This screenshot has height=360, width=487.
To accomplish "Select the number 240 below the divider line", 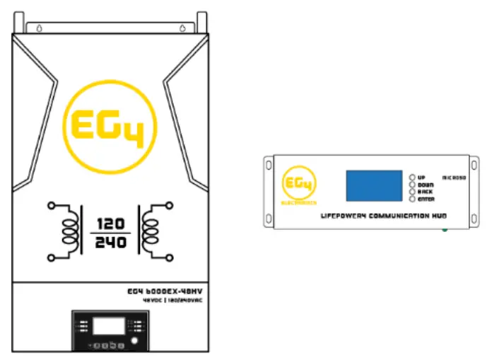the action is coord(110,242).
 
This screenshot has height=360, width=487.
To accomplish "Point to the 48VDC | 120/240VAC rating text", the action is coord(167,300).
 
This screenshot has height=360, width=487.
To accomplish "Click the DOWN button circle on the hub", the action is coord(412,185).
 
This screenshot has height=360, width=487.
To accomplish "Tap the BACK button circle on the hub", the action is coord(412,192).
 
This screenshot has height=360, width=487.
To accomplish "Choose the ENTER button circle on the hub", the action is coord(412,199).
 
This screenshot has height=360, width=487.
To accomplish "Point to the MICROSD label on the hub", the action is coord(453,178).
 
